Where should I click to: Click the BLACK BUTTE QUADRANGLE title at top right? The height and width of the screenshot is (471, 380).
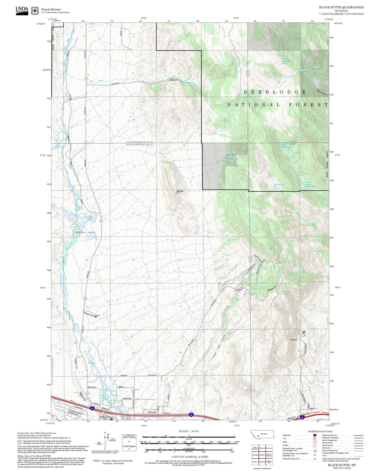tap(341, 7)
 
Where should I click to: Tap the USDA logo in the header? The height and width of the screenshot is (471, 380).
tap(22, 10)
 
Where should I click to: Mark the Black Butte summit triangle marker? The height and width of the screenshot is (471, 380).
tap(176, 193)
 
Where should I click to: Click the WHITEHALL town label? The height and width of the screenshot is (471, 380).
tap(108, 417)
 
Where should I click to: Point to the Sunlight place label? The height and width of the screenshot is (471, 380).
tap(293, 340)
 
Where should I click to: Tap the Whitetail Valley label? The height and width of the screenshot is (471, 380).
tap(85, 232)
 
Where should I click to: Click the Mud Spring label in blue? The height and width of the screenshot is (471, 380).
tap(279, 185)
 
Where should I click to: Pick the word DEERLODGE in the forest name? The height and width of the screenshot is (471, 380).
tap(275, 92)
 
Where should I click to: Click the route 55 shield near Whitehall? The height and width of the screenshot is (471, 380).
tap(103, 414)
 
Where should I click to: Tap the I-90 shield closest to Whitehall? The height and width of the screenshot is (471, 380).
tap(92, 409)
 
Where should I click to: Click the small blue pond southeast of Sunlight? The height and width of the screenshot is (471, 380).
tap(317, 372)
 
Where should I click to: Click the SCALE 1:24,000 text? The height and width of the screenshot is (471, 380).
tap(189, 431)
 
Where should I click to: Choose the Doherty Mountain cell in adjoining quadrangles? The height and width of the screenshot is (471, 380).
tap(269, 455)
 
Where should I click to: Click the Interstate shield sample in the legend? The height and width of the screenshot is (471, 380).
tap(315, 435)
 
